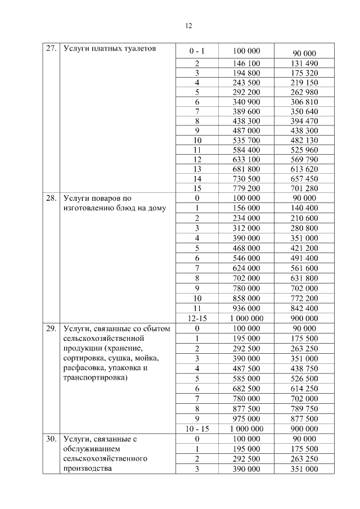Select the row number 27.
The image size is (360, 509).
(51, 48)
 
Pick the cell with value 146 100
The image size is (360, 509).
(246, 64)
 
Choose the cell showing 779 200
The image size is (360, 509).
(246, 188)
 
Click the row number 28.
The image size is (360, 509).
(51, 198)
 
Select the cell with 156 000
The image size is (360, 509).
(246, 208)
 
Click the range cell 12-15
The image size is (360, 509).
(197, 318)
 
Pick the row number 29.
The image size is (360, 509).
(51, 328)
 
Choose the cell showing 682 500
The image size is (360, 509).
(246, 389)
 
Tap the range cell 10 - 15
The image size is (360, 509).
(197, 429)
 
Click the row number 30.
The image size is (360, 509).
(51, 439)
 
